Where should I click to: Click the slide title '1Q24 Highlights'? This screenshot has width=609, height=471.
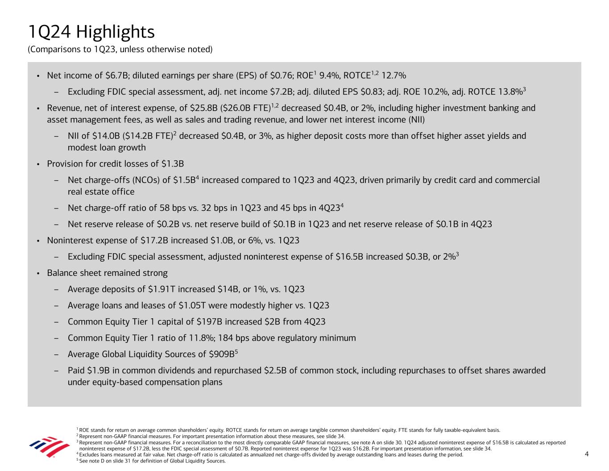coord(91,32)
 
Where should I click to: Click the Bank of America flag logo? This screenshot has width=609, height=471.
coord(43,446)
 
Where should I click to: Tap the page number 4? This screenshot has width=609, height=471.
coord(587,454)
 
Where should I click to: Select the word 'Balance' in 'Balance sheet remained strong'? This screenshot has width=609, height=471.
coord(62,273)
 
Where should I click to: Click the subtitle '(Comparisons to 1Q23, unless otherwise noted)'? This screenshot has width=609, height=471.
coord(120,50)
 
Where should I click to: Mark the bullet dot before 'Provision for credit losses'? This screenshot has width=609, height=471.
coord(38,164)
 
